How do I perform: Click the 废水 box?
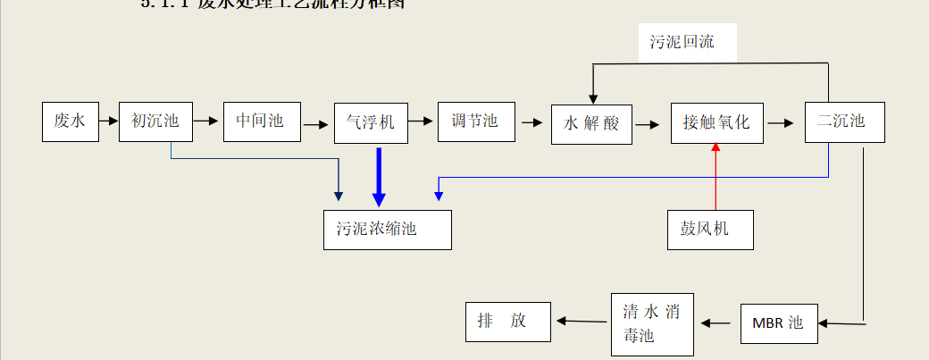point(70,121)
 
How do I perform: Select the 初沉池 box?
point(156,121)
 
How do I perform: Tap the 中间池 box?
point(262,121)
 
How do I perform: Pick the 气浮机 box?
point(370,122)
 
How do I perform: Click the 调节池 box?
point(476,121)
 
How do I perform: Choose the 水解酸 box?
point(591,124)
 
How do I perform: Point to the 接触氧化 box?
point(716,123)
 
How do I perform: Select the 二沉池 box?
point(844,122)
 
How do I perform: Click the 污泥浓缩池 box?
point(388,230)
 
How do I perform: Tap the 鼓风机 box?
point(710,230)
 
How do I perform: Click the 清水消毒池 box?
point(653,324)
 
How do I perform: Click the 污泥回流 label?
point(683,42)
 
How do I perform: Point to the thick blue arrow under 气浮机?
point(380,176)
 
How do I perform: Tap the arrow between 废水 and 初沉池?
point(108,121)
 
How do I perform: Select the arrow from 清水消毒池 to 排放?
point(583,321)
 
